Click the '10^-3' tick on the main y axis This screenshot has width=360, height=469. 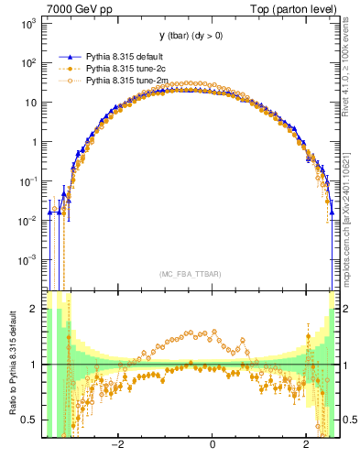tap(27, 260)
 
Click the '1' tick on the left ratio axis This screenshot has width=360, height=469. tap(35, 365)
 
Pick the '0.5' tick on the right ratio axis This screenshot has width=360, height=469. tap(347, 420)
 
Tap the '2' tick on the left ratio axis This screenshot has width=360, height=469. tap(35, 309)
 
